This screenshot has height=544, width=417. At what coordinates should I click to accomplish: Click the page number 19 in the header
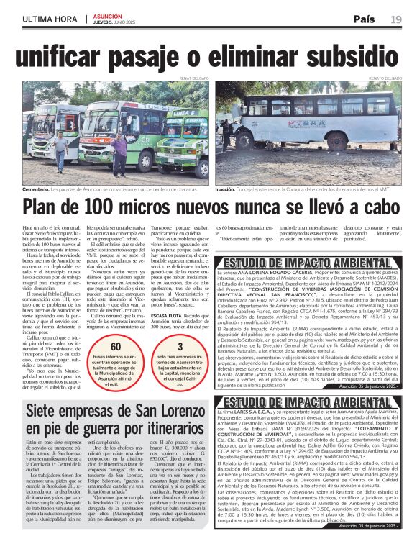point(395,19)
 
